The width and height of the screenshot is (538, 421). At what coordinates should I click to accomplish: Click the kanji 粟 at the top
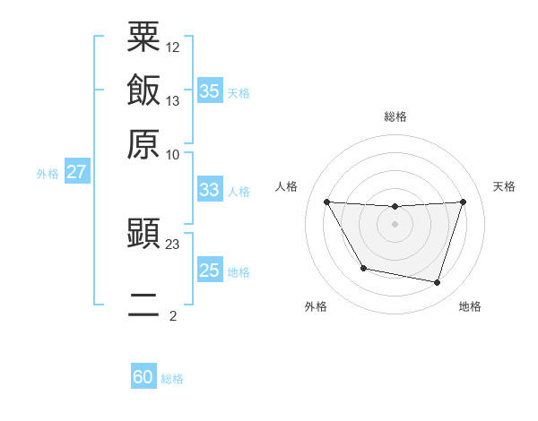(x=143, y=38)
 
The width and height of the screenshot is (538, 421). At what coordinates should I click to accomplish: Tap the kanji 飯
(x=143, y=90)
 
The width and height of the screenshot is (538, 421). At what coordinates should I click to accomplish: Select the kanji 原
(x=143, y=143)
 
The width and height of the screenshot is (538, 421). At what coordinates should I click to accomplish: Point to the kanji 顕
(x=143, y=235)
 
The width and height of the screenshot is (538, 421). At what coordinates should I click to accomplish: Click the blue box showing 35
(x=209, y=91)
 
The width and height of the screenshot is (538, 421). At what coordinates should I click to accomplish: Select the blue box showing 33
(x=209, y=190)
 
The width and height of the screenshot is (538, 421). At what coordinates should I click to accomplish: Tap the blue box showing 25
(x=209, y=271)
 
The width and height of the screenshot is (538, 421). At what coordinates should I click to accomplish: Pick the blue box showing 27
(x=76, y=172)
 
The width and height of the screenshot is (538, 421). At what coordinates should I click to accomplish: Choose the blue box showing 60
(x=143, y=377)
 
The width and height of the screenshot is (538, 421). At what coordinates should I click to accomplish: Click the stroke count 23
(x=172, y=244)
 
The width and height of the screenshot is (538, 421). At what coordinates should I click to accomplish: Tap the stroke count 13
(x=172, y=100)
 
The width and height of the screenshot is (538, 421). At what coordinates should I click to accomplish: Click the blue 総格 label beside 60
(x=172, y=379)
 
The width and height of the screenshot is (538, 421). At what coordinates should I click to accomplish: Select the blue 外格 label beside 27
(x=47, y=174)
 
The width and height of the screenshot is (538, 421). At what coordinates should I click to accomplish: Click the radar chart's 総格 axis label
(x=395, y=116)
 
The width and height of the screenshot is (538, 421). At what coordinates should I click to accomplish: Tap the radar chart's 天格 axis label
(x=504, y=186)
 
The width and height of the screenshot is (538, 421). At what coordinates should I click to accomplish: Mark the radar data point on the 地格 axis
(x=438, y=283)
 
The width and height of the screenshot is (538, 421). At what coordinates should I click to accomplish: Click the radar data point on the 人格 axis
(x=326, y=202)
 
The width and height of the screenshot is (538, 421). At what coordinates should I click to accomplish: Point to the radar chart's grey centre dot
(x=395, y=224)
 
